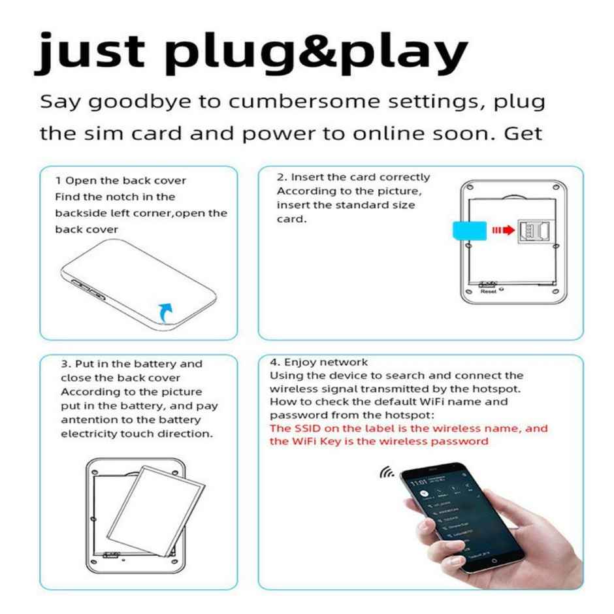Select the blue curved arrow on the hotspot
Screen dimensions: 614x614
coord(168,313)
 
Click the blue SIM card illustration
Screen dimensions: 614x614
coord(468,230)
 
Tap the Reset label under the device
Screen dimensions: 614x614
coord(489,292)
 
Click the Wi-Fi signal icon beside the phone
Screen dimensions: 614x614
coord(387,472)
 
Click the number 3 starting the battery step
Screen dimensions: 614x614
coord(64,364)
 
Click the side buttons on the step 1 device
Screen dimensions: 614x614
coord(89,289)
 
